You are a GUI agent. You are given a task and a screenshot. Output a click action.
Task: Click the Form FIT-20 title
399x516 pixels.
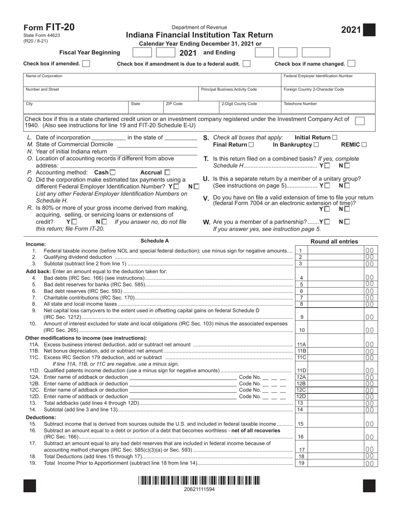point(49,28)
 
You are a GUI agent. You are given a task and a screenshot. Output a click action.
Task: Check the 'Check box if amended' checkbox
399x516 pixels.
point(86,64)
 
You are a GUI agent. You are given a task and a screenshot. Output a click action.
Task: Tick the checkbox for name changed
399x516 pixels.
point(352,64)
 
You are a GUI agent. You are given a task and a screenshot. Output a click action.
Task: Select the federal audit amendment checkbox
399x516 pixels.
point(247,64)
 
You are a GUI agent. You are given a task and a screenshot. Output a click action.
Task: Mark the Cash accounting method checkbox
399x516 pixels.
point(113,172)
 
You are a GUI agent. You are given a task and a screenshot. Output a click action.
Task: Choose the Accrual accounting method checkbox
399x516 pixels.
point(168,172)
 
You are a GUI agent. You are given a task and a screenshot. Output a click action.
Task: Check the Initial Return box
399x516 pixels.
point(335,137)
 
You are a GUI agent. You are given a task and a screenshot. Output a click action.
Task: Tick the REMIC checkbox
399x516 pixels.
point(364,145)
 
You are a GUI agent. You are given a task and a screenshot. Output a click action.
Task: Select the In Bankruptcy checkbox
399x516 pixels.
point(316,145)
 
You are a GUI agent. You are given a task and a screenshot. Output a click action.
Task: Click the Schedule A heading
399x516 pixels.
point(155,241)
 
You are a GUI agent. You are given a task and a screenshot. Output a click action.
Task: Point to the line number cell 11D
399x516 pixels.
point(301,370)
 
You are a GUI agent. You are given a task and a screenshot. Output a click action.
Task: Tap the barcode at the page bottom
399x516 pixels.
point(199,480)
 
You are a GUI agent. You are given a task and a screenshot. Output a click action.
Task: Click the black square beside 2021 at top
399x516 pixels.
point(370,30)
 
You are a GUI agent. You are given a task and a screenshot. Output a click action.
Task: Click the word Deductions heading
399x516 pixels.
point(40,417)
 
